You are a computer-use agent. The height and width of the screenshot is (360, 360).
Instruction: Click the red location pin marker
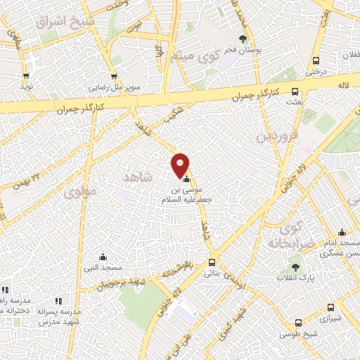point(181,165)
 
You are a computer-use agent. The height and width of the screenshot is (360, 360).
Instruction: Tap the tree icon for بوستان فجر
point(243,39)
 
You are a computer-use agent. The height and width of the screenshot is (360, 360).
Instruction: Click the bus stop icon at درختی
point(316,60)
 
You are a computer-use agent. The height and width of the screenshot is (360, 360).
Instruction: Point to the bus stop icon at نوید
point(26,76)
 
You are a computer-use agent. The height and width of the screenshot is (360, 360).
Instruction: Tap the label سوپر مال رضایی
point(113,89)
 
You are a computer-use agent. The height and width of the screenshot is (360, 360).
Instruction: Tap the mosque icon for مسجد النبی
point(103,257)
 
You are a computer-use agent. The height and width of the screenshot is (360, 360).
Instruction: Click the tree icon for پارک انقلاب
point(296,267)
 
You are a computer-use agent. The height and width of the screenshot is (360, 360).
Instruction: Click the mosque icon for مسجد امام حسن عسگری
point(342,233)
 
